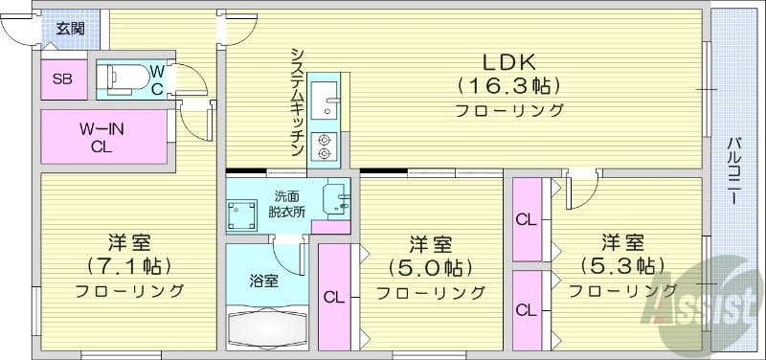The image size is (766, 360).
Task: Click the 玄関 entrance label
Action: tap(69, 27)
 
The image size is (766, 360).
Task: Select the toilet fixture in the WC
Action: tap(123, 78)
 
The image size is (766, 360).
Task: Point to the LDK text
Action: tap(508, 61)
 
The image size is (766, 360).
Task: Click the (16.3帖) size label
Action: tap(508, 85)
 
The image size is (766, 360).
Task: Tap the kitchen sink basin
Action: tap(325, 98)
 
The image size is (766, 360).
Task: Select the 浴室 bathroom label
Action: tap(264, 281)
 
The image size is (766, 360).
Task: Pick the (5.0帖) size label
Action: tap(430, 267)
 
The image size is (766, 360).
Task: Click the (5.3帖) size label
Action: tap(621, 264)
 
